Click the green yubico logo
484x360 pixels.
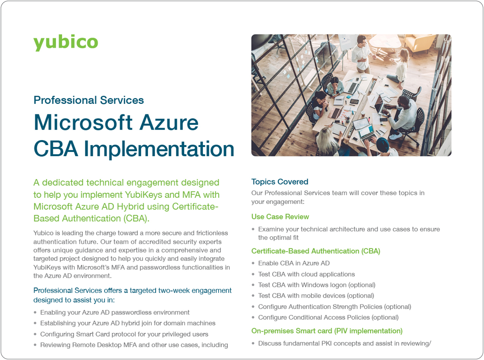pos(66,42)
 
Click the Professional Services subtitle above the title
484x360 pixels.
pos(89,100)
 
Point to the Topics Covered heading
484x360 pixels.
pos(280,182)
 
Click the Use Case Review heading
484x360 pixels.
pos(280,217)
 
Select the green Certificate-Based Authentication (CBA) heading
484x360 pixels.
pos(315,251)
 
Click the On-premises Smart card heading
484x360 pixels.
pos(326,331)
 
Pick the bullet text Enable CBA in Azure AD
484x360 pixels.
pos(294,263)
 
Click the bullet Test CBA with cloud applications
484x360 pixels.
pos(306,274)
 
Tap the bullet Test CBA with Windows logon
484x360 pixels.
pos(316,285)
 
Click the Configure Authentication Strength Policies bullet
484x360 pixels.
pos(334,307)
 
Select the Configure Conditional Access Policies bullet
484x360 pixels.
pos(328,317)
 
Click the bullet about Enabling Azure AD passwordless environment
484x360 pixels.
pos(115,312)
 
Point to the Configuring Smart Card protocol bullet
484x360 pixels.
pos(124,334)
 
